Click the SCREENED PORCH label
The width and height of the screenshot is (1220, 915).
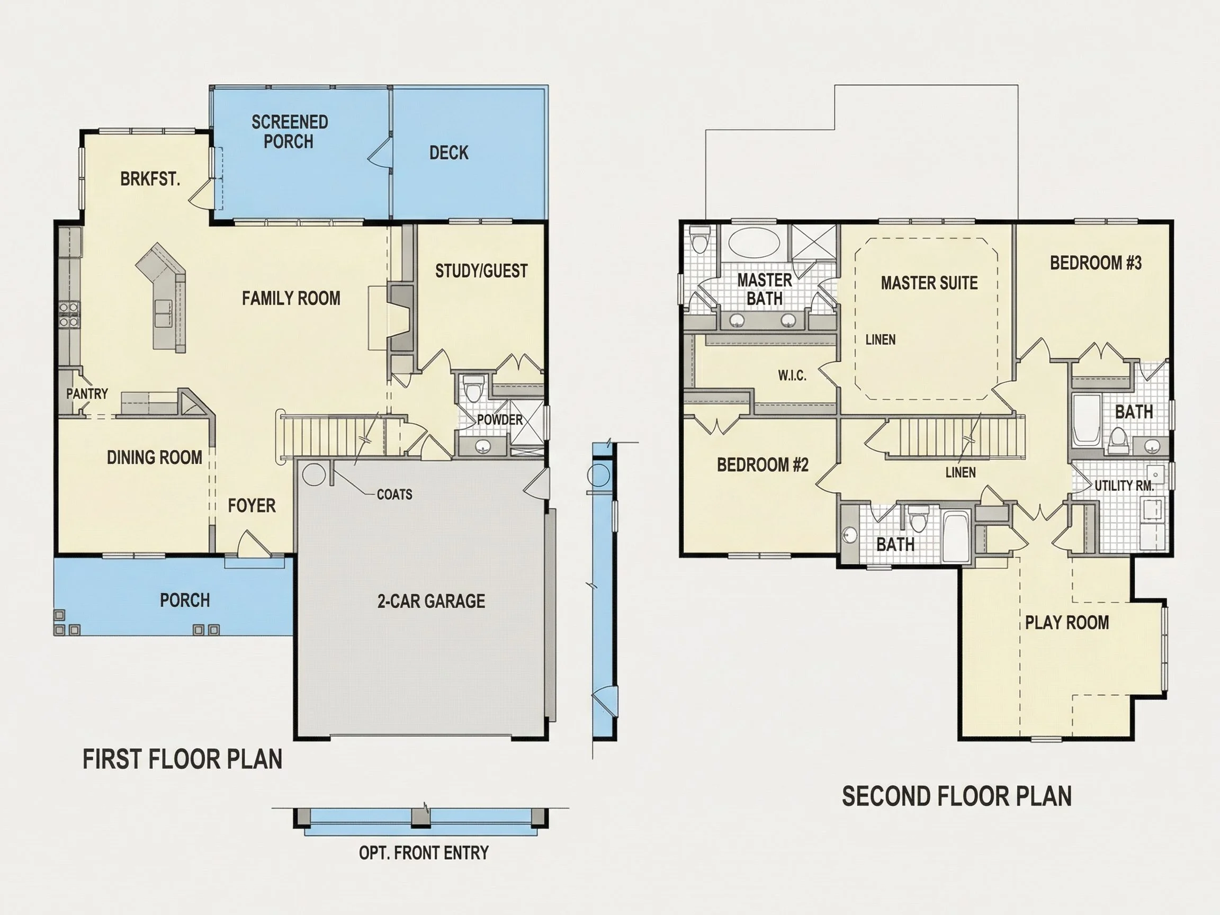(x=290, y=132)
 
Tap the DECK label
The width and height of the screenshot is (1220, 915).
(x=449, y=153)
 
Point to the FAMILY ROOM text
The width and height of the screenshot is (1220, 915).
(x=291, y=299)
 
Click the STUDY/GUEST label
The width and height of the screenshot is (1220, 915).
(x=481, y=271)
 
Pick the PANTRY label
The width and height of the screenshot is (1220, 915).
(x=87, y=394)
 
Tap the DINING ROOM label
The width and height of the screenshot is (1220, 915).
(x=155, y=457)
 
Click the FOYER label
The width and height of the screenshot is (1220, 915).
(x=252, y=505)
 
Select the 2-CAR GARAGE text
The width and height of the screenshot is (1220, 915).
(x=432, y=600)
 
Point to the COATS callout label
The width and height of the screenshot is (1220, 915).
(x=394, y=494)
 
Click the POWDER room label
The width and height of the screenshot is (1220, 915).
(x=500, y=420)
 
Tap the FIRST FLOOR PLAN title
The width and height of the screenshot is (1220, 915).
(x=183, y=759)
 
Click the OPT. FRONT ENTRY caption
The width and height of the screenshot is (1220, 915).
(x=424, y=853)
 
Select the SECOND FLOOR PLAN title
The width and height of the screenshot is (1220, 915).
(x=957, y=796)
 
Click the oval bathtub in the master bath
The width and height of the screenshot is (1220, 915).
(x=754, y=242)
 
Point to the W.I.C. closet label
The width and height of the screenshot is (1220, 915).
(x=792, y=375)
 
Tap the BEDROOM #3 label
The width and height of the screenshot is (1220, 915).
(x=1096, y=263)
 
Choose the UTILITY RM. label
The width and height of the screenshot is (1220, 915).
(x=1124, y=486)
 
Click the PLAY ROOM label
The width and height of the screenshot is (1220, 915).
(x=1066, y=622)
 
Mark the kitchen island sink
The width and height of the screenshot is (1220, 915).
(x=163, y=314)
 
